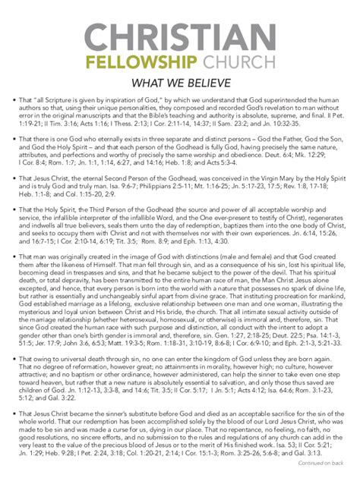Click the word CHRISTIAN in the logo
click(180, 38)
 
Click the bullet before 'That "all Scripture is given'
click(7, 99)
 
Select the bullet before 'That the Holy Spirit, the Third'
click(7, 209)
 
